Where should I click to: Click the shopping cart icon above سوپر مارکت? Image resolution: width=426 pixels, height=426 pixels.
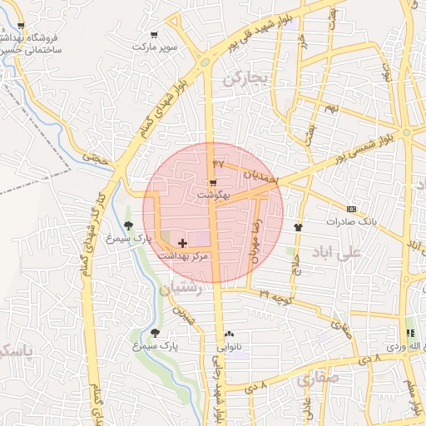coord(155,35)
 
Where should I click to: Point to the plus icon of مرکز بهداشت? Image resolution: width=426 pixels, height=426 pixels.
coord(183,242)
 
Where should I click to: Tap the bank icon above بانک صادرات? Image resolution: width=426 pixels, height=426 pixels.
coord(352,209)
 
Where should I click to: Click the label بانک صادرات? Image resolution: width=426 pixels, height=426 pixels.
coord(352,221)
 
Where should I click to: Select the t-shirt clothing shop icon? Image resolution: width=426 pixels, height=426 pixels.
coord(298,225)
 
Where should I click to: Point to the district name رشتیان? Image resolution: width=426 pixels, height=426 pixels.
coord(179,290)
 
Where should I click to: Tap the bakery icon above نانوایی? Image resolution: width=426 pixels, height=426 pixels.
coord(229,333)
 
